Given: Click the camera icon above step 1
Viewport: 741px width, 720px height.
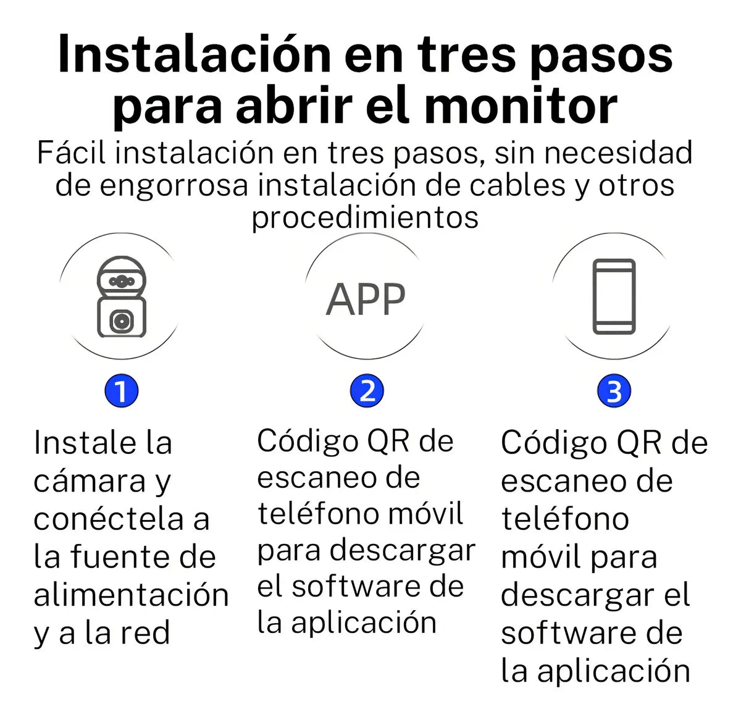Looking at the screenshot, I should click(x=122, y=298).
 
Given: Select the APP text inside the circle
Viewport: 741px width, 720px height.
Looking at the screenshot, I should click(x=366, y=300).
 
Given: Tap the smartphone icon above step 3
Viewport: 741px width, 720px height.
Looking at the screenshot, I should click(x=614, y=297).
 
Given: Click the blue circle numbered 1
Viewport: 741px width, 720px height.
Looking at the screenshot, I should click(x=121, y=391).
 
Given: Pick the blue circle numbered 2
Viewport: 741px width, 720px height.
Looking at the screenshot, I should click(x=367, y=391).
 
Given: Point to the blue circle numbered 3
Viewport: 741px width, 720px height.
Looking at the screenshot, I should click(x=614, y=391).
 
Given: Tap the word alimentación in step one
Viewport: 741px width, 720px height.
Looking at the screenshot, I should click(x=131, y=595).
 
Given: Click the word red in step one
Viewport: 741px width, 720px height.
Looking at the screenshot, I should click(x=144, y=634).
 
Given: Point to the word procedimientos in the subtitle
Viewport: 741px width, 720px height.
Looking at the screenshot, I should click(x=365, y=217).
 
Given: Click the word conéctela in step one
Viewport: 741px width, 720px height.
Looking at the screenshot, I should click(x=109, y=519).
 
